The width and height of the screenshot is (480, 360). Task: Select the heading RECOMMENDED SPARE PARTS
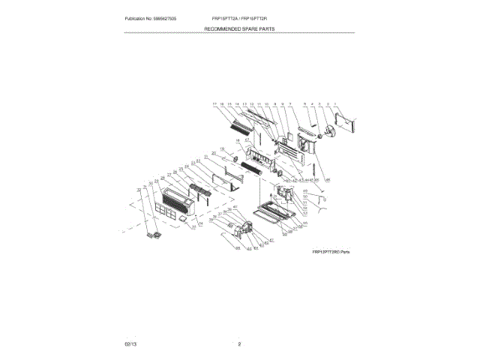240,28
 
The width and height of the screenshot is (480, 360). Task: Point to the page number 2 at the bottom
239,343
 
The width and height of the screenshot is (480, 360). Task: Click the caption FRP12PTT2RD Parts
331,252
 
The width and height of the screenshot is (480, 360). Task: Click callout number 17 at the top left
214,103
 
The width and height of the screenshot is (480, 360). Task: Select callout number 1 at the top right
335,103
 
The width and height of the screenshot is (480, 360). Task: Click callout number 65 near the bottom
238,247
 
